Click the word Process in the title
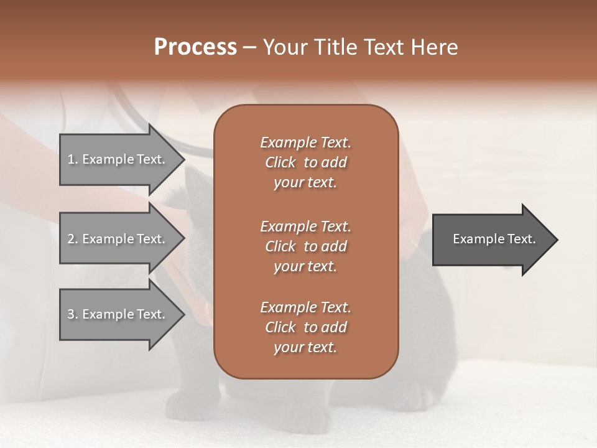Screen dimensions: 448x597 [195, 47]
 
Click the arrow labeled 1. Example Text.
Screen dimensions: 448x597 [118, 159]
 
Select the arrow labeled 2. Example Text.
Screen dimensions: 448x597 [118, 239]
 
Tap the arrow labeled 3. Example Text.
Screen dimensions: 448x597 [118, 314]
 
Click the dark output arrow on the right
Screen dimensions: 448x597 [491, 239]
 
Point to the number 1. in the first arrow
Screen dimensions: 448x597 [73, 159]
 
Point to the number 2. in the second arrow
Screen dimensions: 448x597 [73, 239]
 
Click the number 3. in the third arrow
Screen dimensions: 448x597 [73, 314]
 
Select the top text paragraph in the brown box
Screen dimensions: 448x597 [305, 162]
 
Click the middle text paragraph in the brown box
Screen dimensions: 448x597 [305, 246]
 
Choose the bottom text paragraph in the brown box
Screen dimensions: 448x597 [305, 327]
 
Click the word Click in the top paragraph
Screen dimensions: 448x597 [280, 162]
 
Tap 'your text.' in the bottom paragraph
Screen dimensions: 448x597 [305, 347]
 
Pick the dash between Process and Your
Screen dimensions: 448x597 [250, 48]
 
